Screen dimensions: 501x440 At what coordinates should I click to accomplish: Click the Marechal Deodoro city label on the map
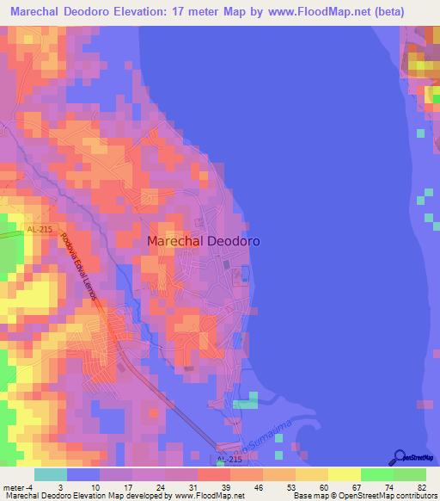click(x=203, y=242)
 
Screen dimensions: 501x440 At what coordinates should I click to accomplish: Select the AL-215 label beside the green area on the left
click(x=40, y=229)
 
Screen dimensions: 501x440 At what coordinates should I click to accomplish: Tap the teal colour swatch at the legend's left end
click(x=51, y=474)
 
